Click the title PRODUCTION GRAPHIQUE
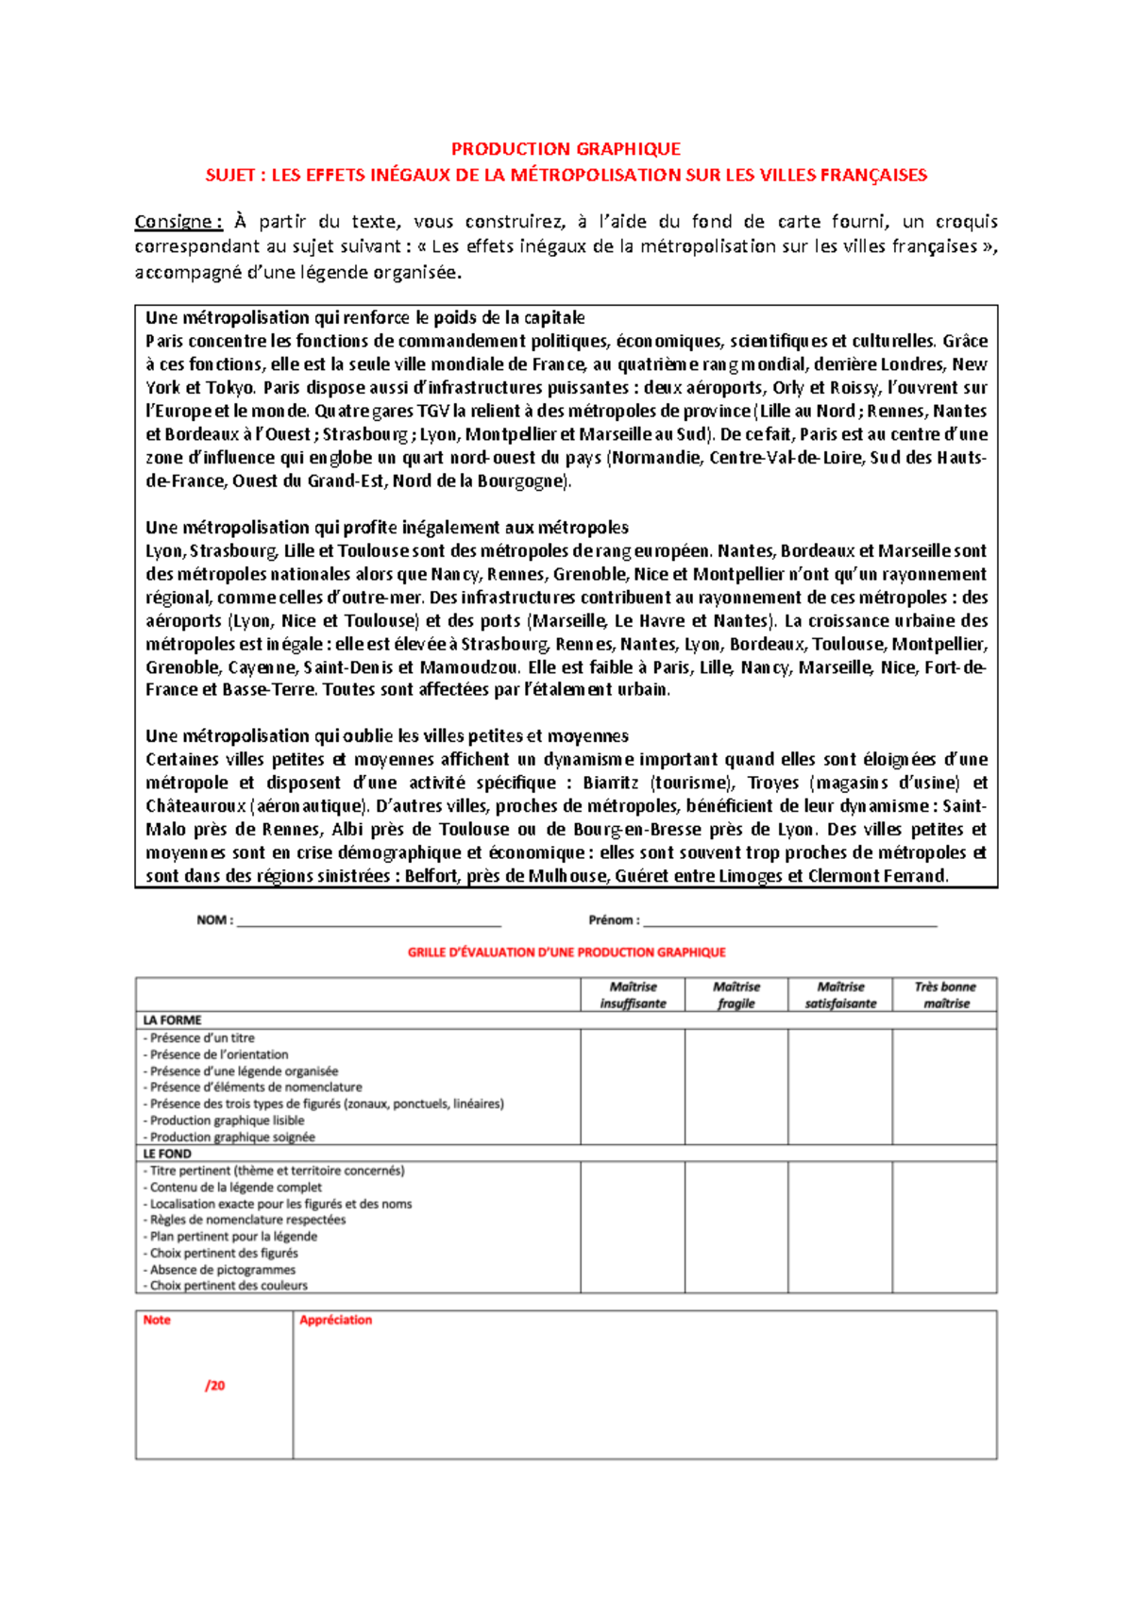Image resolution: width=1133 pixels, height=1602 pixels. point(566,148)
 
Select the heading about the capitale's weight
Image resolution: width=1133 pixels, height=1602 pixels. point(364,318)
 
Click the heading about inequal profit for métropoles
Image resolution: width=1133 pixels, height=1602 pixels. point(386,528)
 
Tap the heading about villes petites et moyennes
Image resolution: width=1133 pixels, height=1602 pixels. point(386,736)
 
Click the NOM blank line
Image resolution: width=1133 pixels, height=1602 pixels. point(368,921)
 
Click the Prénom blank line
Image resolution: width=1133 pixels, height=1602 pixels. point(789,921)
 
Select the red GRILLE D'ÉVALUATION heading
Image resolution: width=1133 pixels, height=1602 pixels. point(566,953)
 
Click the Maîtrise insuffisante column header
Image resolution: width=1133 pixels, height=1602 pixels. point(633,995)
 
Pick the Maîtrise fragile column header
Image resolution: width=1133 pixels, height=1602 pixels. point(736,995)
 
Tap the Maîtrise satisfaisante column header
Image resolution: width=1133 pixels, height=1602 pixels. point(840,995)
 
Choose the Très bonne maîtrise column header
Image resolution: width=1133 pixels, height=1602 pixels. point(945,995)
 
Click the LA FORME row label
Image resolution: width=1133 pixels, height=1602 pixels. point(172,1020)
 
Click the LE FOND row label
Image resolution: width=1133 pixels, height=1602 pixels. point(167,1154)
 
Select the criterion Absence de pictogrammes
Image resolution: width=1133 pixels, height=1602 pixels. point(223,1270)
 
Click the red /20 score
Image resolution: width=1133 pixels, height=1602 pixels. point(215,1386)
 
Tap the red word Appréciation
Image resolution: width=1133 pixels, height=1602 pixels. point(335,1320)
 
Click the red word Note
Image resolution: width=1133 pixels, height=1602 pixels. point(157,1320)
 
